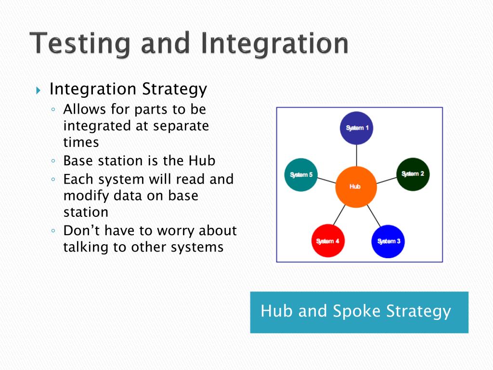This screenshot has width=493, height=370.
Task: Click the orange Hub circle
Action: point(355,186)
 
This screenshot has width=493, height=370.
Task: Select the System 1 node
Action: point(357,128)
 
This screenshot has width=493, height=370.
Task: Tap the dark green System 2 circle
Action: point(413,174)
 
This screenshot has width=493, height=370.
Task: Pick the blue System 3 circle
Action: point(388,241)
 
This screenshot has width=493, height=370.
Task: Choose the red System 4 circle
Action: point(327,241)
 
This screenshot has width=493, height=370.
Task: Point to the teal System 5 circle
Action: point(301,174)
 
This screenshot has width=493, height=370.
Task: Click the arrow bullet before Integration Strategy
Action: point(39,90)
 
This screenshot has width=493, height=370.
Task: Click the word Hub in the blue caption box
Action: point(276,311)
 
